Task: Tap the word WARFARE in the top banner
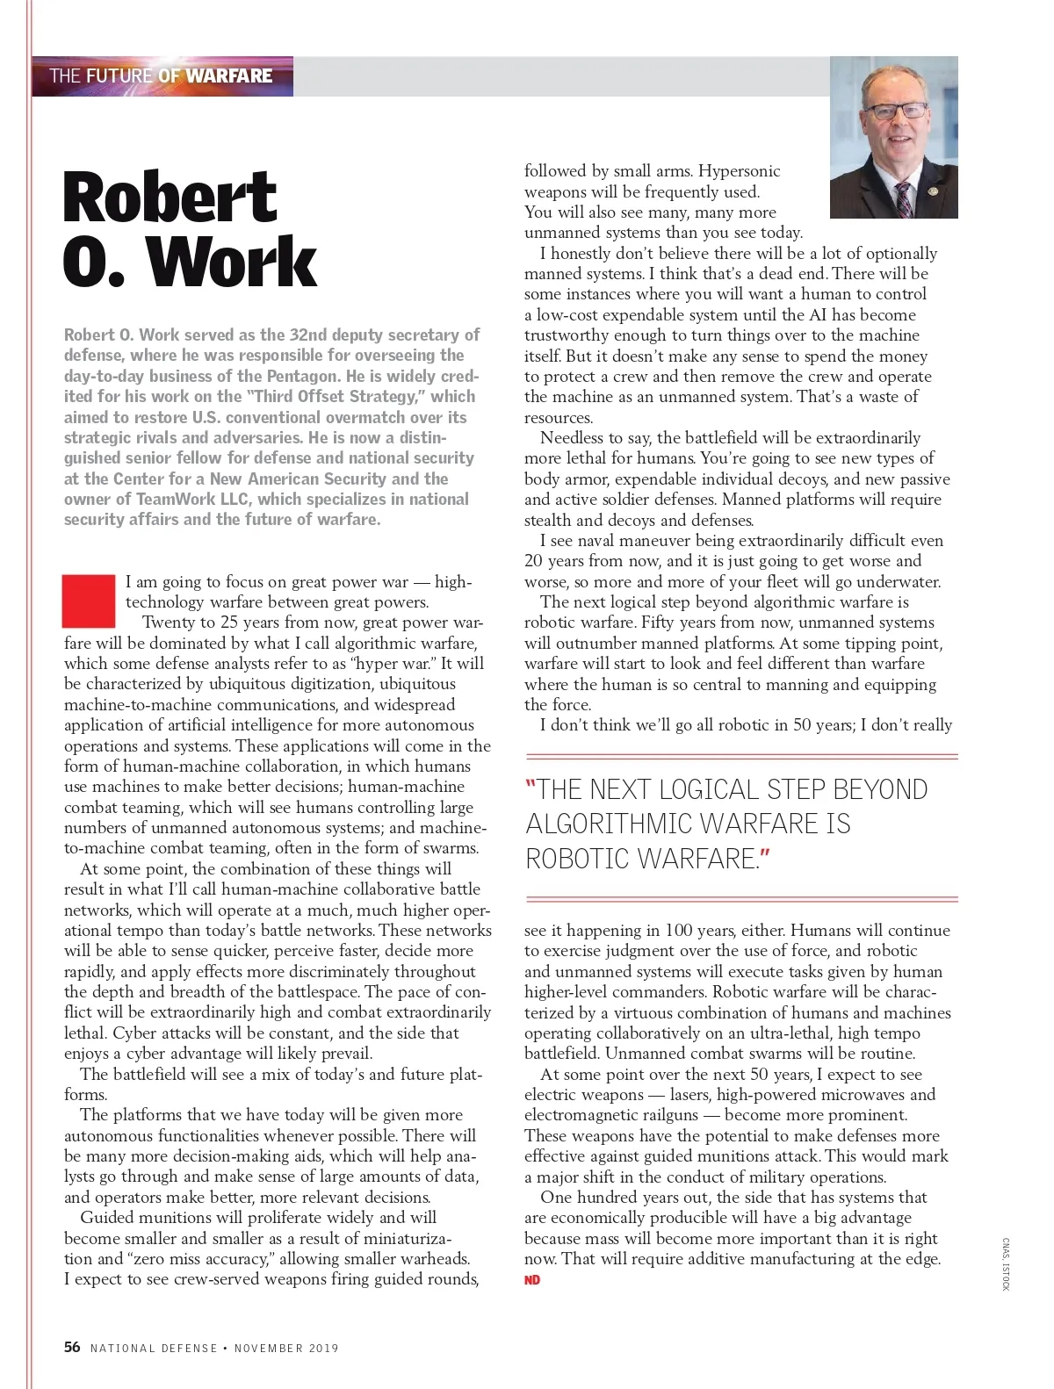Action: click(228, 76)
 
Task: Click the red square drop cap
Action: click(89, 601)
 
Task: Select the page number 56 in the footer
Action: click(72, 1347)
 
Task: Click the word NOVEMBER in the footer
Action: click(268, 1348)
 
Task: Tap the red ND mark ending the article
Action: click(532, 1280)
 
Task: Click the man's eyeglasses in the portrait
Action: click(895, 112)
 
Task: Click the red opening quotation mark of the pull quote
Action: click(530, 786)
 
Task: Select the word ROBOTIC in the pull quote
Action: click(579, 858)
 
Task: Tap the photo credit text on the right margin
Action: click(1007, 1263)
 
